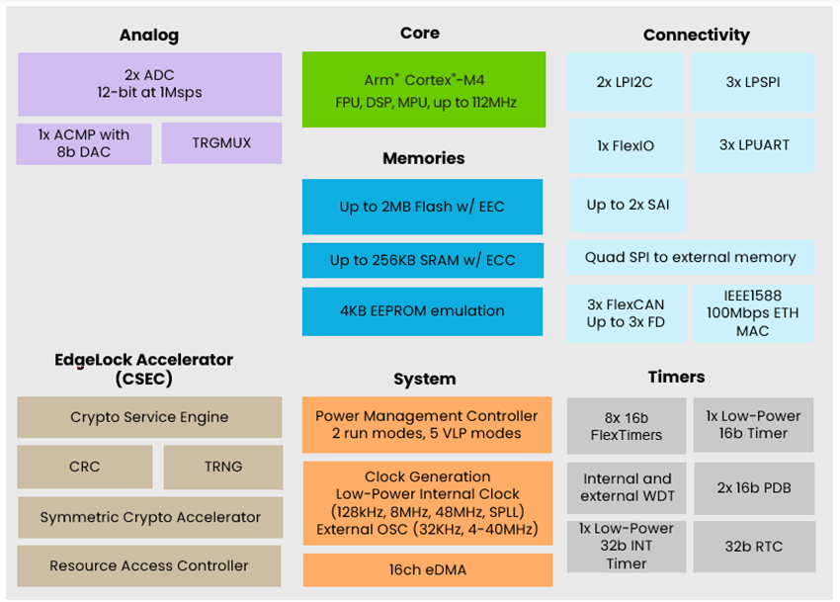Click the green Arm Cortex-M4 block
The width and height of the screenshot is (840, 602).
423,90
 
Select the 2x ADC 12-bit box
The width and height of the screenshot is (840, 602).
149,84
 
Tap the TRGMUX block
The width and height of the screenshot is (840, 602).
221,143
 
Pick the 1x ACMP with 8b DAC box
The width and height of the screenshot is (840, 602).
84,143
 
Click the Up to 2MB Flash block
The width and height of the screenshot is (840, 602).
422,207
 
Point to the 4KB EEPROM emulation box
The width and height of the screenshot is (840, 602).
422,311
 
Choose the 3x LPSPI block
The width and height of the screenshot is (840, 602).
753,82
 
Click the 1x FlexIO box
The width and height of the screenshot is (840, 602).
626,146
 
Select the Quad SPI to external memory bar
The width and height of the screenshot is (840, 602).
690,257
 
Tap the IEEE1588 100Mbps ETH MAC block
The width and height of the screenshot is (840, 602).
753,313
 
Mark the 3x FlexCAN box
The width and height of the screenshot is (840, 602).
626,313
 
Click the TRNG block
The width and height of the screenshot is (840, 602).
222,467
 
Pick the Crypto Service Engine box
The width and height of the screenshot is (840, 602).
149,417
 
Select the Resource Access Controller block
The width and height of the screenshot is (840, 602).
149,566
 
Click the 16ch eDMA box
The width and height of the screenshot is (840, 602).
427,569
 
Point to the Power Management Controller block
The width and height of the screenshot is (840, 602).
427,425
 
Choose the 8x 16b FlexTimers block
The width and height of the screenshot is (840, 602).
626,426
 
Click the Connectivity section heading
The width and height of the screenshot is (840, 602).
696,35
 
